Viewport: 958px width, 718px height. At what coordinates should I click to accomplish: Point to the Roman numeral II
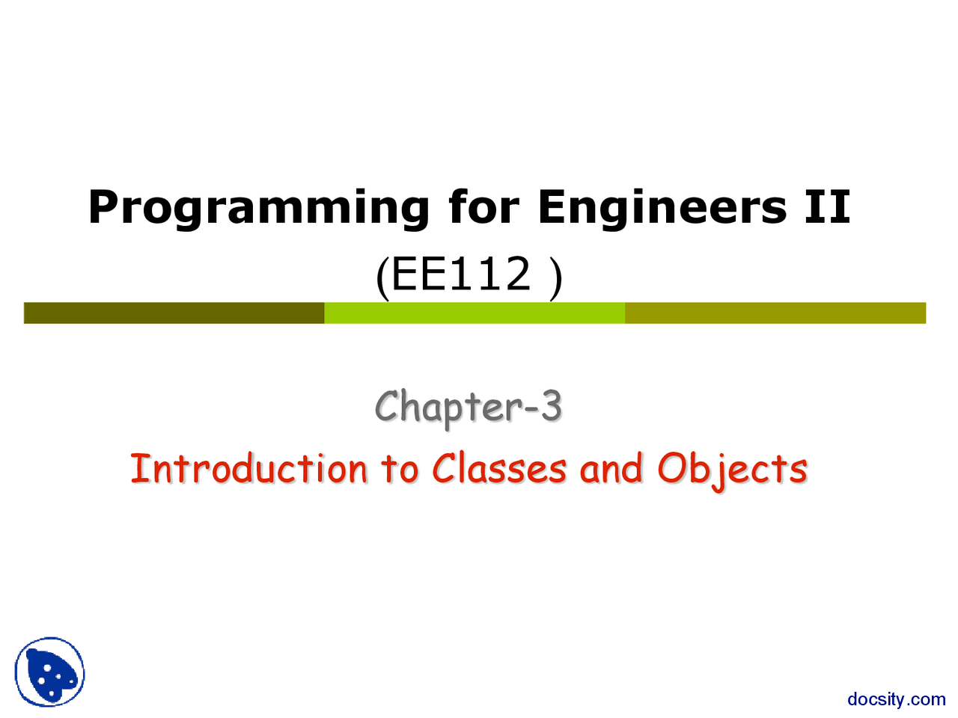point(827,206)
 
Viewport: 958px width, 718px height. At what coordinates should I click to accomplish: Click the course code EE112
point(461,274)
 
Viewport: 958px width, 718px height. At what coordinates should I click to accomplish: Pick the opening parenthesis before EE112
point(382,277)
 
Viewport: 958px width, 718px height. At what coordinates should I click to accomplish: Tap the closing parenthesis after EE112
point(556,277)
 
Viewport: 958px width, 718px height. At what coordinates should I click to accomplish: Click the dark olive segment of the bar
point(174,313)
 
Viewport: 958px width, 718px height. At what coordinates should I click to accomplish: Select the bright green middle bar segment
point(475,313)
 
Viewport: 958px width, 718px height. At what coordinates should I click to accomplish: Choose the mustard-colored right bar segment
point(775,313)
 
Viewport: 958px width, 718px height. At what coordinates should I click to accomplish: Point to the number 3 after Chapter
point(552,406)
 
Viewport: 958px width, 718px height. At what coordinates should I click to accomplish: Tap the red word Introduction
point(248,469)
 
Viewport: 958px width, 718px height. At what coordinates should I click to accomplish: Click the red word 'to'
point(400,471)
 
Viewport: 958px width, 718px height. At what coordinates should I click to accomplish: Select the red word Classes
point(499,469)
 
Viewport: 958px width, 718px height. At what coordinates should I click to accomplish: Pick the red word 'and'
point(611,469)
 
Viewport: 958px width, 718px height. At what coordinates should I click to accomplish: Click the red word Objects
point(733,471)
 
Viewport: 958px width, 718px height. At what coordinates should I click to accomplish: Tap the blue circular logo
point(49,672)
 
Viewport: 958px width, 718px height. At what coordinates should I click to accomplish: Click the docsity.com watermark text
point(897,700)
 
